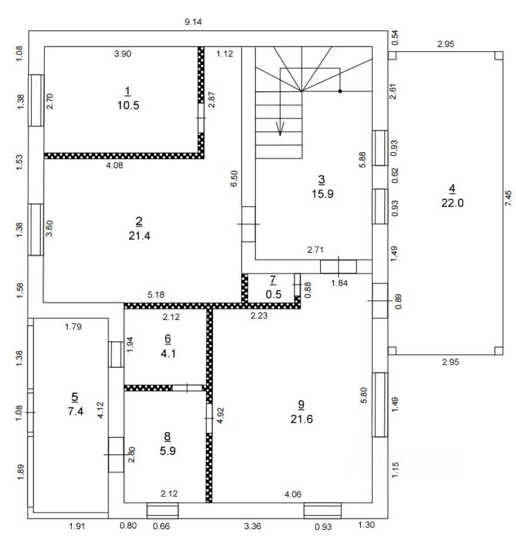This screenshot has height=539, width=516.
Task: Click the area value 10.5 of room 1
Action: [x=128, y=105]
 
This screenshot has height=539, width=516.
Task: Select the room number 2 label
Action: [x=138, y=221]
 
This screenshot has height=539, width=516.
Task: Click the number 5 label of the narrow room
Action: [x=75, y=396]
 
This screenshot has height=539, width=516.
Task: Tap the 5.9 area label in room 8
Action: [x=167, y=451]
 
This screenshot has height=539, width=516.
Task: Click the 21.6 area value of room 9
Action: [x=301, y=419]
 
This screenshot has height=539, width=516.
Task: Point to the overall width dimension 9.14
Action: [x=193, y=22]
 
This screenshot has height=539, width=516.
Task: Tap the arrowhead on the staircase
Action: [x=280, y=131]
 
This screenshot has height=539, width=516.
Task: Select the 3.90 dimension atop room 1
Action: [x=123, y=54]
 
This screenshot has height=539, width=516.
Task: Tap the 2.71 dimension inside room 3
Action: [x=317, y=250]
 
